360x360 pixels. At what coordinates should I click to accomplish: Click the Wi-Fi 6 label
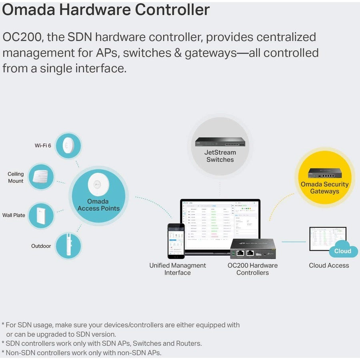(x=43, y=146)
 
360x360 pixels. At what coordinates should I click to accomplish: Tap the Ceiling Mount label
(x=16, y=177)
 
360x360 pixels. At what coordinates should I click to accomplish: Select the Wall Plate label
(x=14, y=215)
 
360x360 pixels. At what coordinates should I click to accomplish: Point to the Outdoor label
(x=41, y=246)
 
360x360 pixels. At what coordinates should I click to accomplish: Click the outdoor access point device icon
(x=67, y=246)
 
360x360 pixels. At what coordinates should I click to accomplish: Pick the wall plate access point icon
(x=41, y=216)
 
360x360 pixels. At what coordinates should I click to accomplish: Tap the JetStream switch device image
(x=220, y=142)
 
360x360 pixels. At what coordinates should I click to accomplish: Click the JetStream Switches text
(x=220, y=156)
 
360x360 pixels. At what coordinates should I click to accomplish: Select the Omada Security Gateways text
(x=324, y=188)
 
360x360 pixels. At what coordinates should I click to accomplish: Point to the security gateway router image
(x=324, y=173)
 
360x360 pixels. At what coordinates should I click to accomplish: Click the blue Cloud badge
(x=343, y=251)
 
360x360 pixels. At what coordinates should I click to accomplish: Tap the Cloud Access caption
(x=329, y=266)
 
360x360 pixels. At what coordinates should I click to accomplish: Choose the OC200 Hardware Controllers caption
(x=252, y=269)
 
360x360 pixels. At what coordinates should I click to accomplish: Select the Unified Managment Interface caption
(x=178, y=269)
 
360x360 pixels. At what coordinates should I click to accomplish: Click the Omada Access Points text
(x=98, y=205)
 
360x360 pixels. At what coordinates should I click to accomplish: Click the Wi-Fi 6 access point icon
(x=68, y=146)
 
